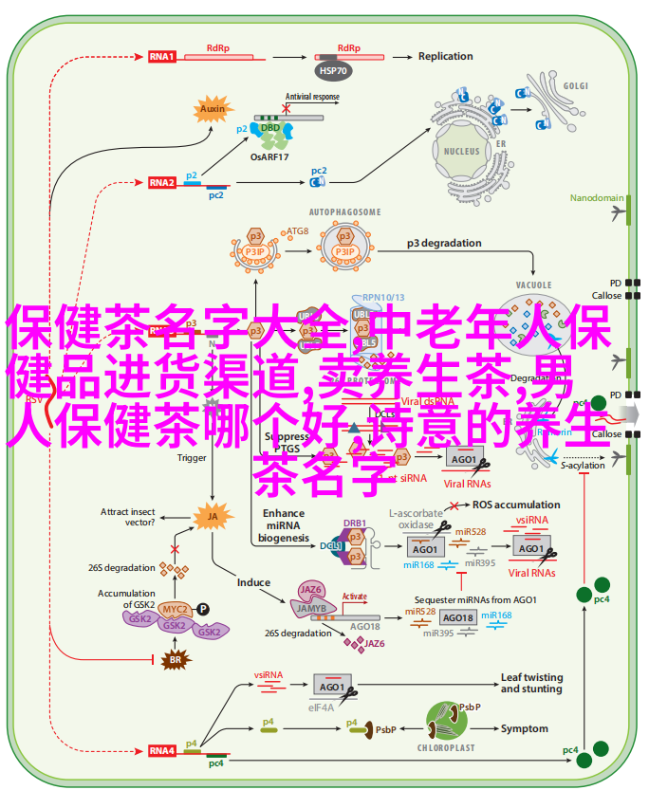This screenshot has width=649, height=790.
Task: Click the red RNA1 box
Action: (162, 57)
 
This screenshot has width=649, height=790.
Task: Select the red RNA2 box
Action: (162, 182)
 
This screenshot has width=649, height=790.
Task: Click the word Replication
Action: (445, 56)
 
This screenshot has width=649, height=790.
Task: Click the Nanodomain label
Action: (597, 198)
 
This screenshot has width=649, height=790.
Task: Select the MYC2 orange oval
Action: (173, 609)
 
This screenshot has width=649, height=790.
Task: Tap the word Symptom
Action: (524, 728)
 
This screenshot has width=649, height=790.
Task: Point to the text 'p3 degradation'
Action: (446, 242)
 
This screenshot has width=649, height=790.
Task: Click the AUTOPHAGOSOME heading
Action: (344, 211)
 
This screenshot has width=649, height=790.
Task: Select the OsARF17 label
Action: (270, 156)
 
